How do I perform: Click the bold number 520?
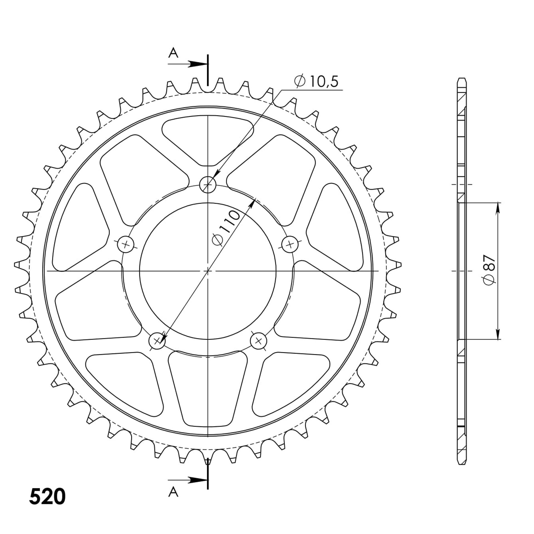coord(47,496)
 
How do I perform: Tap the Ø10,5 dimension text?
coord(316,81)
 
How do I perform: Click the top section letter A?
coord(173,53)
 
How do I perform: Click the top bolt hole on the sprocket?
coord(208,184)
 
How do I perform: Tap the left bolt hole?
coord(126,244)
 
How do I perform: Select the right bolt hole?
coord(290,244)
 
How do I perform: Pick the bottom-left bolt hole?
coord(157,340)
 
